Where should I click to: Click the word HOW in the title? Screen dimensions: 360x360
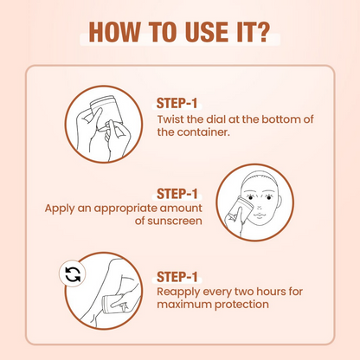[x=114, y=32]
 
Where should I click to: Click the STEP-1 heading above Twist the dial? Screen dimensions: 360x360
[x=177, y=103]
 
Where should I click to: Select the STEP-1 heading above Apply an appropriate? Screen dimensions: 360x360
[x=177, y=194]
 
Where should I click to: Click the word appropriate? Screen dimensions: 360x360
[x=125, y=209]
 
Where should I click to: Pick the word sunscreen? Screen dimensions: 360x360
[x=175, y=221]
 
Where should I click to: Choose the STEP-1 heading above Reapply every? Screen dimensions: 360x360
[x=177, y=277]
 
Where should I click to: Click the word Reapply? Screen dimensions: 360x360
[x=178, y=292]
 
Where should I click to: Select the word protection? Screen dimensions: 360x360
[x=241, y=305]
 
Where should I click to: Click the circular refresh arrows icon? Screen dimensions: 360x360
[x=73, y=274]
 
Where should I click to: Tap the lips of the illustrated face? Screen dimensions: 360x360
[x=260, y=215]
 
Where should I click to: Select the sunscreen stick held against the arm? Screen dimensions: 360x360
[x=115, y=304]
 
